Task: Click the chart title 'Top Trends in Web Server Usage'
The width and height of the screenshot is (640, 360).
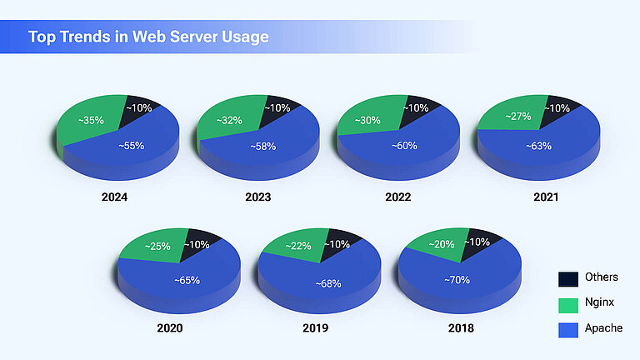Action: [148, 37]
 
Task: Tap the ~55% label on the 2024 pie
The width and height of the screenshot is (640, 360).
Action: [131, 145]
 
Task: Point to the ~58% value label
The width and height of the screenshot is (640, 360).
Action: [263, 146]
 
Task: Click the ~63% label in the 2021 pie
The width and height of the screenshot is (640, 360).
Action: [537, 146]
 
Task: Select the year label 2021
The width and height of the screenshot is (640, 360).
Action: [546, 197]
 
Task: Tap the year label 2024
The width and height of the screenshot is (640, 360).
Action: [114, 197]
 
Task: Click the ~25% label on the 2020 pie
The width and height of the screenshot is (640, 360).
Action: [157, 247]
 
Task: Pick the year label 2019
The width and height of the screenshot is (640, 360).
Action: [315, 327]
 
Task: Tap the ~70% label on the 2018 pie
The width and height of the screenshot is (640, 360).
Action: [456, 280]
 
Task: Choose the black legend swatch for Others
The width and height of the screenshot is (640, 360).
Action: [568, 278]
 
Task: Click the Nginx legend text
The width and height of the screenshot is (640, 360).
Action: [599, 303]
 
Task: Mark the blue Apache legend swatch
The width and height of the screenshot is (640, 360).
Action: [568, 329]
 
